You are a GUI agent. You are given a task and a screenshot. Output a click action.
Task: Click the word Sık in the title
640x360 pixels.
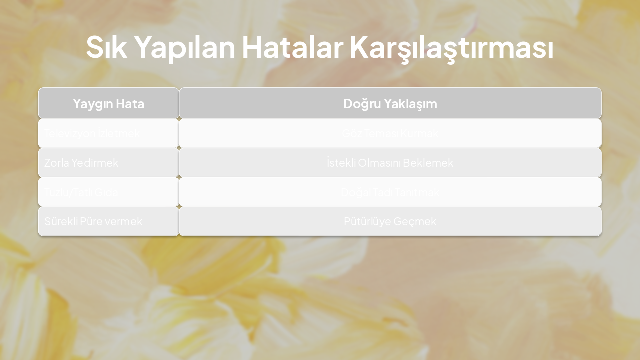[106, 47]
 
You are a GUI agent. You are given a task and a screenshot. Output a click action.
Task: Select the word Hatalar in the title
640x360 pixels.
[292, 47]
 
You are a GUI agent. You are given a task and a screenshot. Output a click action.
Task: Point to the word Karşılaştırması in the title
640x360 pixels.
[451, 48]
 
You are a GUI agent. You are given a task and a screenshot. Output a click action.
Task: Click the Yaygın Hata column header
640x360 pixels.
[108, 103]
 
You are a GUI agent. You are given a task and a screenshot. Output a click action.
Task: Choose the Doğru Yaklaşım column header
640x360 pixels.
[390, 103]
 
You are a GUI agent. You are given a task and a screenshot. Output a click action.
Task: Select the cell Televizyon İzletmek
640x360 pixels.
[92, 133]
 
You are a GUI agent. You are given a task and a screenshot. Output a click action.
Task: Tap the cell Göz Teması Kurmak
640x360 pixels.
[390, 133]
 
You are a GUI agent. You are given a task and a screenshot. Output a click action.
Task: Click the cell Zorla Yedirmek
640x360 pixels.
[81, 163]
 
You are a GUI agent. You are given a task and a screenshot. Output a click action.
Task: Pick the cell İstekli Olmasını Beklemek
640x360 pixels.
[390, 163]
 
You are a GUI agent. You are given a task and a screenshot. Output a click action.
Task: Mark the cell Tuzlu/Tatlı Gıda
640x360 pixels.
[81, 192]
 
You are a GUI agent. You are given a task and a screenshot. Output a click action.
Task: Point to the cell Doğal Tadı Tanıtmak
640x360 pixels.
[390, 192]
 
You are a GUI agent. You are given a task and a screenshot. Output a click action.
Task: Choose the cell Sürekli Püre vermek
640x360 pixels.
[93, 221]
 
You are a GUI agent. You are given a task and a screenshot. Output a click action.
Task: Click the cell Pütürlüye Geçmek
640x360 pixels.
[390, 221]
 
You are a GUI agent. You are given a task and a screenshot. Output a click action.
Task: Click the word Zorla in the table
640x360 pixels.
[57, 163]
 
